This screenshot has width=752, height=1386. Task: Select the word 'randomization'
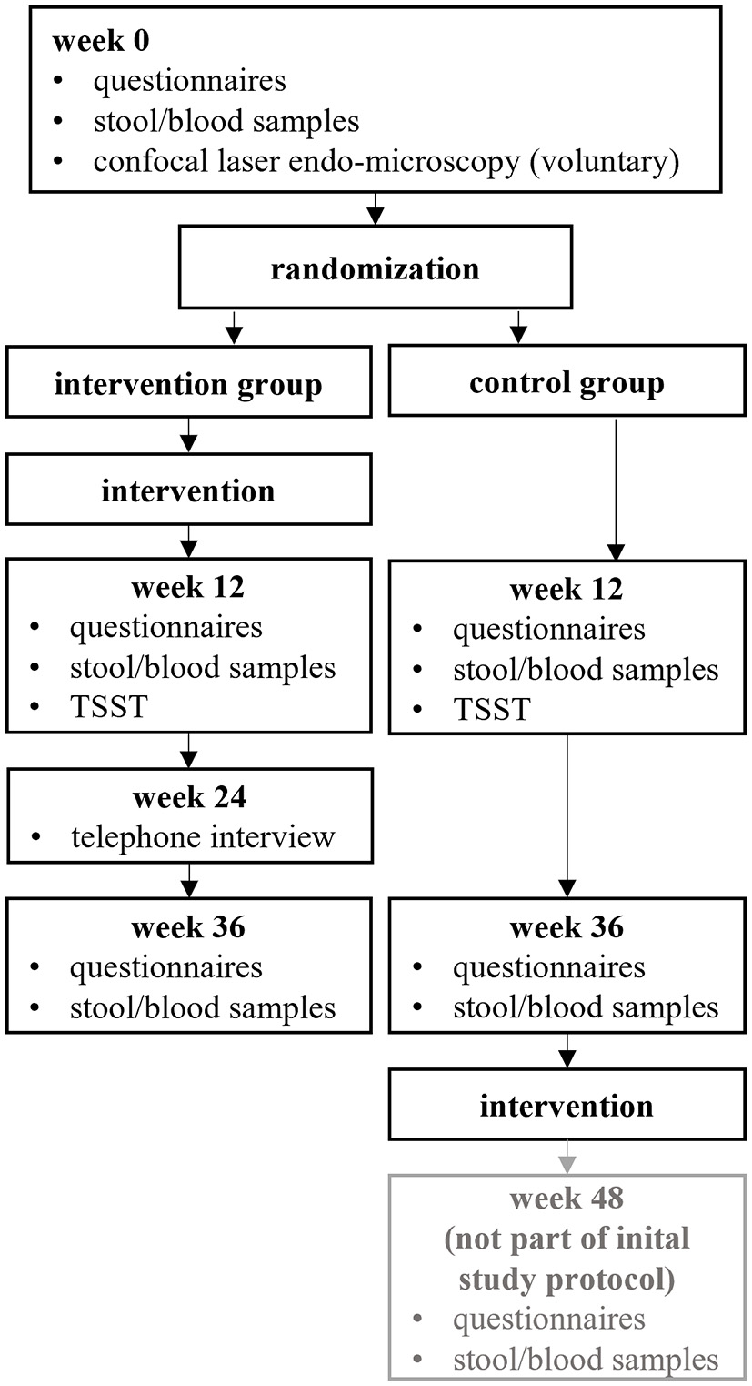click(x=375, y=268)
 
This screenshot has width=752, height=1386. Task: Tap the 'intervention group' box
click(x=188, y=384)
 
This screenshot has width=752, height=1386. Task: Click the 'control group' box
click(x=567, y=382)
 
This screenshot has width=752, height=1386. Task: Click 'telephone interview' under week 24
click(x=203, y=836)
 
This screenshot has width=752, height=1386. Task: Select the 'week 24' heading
click(x=188, y=797)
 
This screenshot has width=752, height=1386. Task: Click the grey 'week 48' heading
click(x=567, y=1199)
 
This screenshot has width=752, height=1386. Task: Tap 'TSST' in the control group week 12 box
click(x=491, y=709)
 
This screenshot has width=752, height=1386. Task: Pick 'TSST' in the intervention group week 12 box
click(x=107, y=707)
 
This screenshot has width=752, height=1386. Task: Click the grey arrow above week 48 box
click(x=567, y=1157)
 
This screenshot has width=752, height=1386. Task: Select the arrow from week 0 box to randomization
click(x=375, y=208)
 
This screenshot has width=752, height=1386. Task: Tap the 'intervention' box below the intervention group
click(x=188, y=491)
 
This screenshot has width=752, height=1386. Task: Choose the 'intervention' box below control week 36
click(x=567, y=1106)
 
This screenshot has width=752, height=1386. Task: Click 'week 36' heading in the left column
click(x=188, y=927)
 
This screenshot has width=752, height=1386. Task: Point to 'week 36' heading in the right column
click(x=567, y=927)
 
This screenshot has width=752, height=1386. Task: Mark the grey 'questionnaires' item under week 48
click(x=549, y=1319)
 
